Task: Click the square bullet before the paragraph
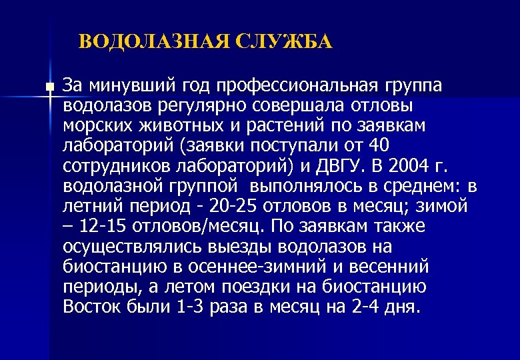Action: click(x=50, y=87)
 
